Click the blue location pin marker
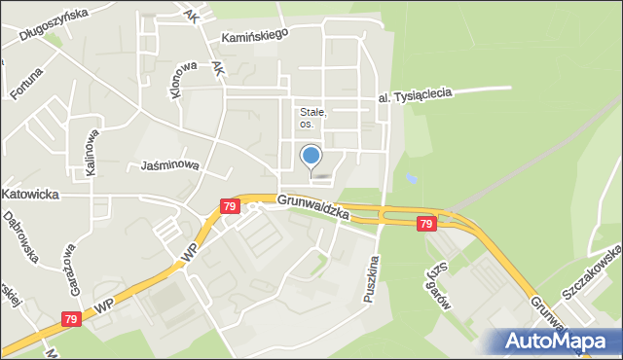311,156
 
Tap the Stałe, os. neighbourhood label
313,118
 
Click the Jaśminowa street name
169,165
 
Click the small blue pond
411,180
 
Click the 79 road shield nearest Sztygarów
425,224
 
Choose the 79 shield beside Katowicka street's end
229,206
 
